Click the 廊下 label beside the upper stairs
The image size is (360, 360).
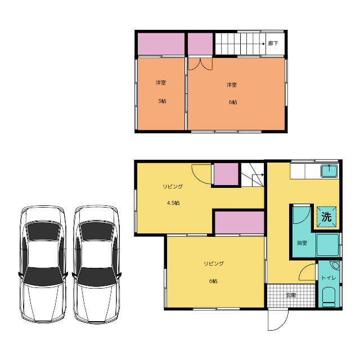point(273,43)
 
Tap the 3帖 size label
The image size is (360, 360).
point(162,101)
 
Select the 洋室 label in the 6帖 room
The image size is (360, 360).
point(232,85)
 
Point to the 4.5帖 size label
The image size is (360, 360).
point(173,203)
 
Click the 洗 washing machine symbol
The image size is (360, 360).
point(326,217)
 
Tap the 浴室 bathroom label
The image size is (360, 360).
point(302,242)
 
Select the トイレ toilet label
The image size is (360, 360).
point(328,278)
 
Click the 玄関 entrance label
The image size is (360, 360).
point(291,295)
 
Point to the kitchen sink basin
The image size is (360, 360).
point(329,171)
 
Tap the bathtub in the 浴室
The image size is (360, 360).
point(327,245)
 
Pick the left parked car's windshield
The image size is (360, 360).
point(43,276)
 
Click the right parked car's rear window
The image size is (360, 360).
point(97,231)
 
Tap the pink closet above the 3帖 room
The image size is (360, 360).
point(161,44)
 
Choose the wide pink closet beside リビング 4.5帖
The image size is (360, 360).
point(240,223)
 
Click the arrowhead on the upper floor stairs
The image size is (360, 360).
point(264,44)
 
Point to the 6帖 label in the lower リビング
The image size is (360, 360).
point(213,281)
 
